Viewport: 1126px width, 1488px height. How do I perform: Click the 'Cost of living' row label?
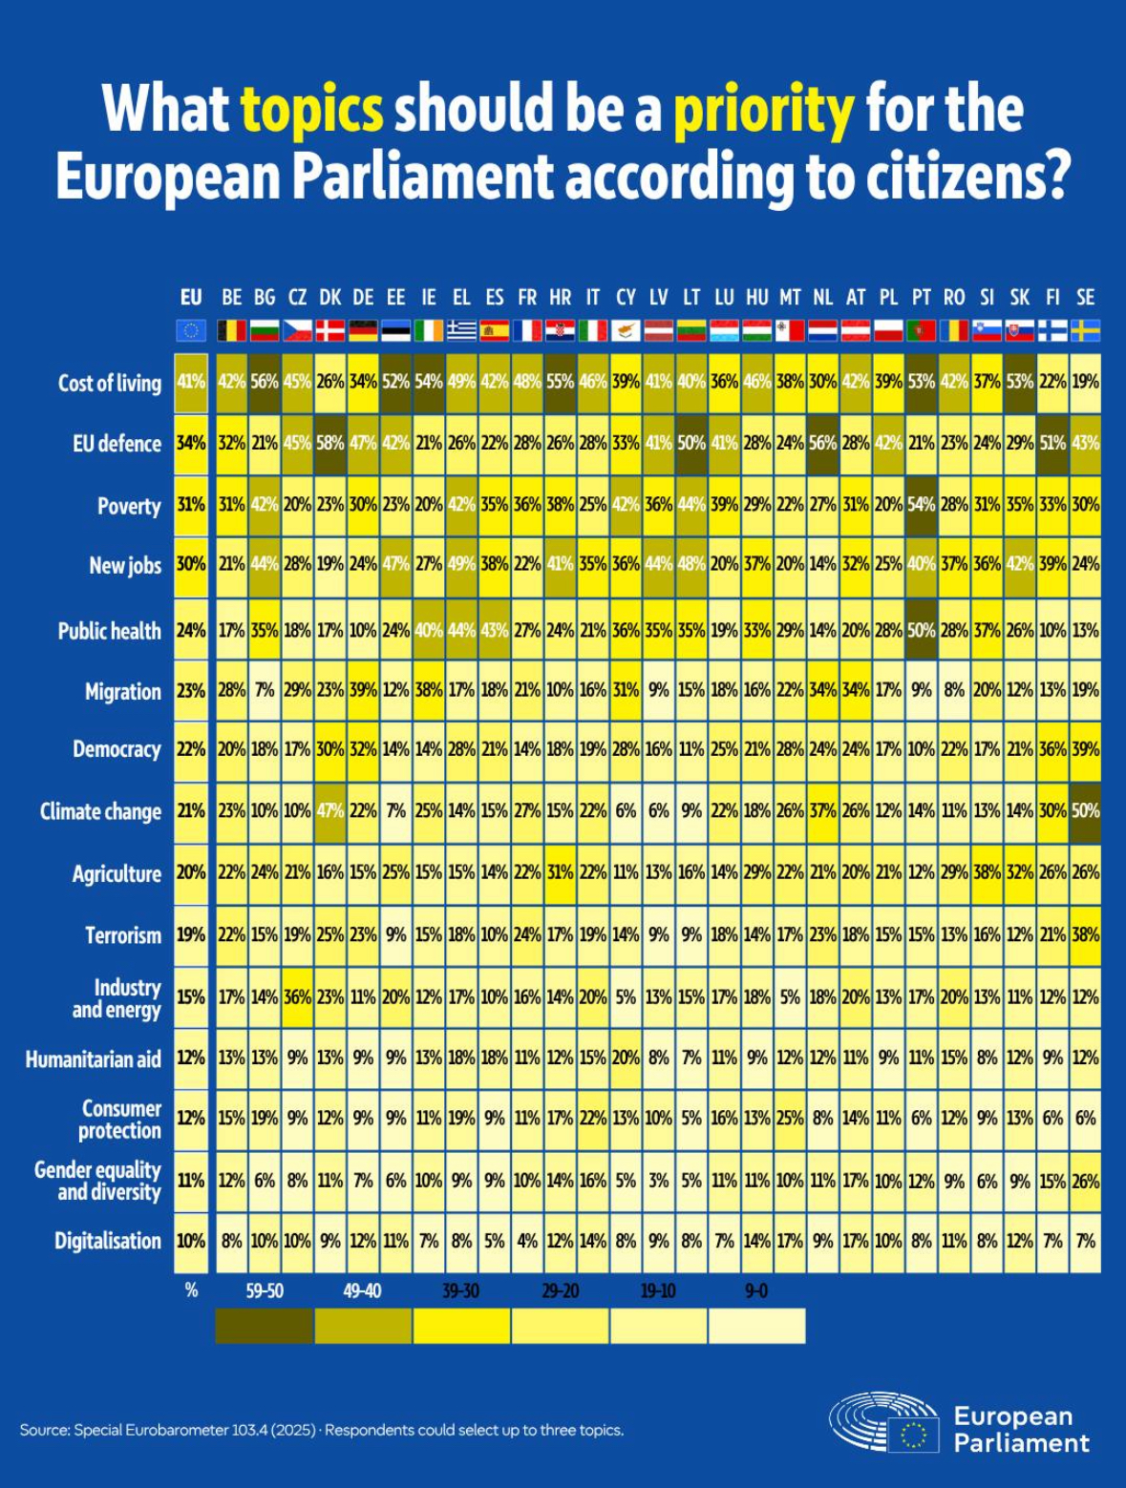pos(109,383)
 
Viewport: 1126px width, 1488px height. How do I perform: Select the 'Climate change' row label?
pos(100,811)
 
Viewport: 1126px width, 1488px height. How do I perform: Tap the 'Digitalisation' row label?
pos(108,1241)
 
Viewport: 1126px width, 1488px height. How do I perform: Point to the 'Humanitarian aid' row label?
pos(94,1058)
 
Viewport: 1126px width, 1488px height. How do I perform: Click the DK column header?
pos(329,298)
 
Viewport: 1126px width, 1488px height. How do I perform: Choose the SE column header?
pos(1085,298)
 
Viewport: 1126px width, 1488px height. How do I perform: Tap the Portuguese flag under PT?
pos(922,331)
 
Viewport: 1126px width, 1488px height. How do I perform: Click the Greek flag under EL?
pos(461,331)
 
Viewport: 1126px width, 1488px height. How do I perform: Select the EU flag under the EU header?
pos(191,331)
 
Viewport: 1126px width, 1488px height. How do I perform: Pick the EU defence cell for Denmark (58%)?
pos(330,443)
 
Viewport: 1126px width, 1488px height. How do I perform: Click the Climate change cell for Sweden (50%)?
pos(1085,810)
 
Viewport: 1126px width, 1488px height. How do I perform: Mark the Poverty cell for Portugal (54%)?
pos(922,504)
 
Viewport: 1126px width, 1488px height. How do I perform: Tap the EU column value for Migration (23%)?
pos(191,690)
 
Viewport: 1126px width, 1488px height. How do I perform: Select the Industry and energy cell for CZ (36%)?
pos(297,995)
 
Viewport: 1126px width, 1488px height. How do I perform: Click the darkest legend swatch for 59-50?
pos(264,1326)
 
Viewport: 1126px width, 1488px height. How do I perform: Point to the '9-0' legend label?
pos(755,1291)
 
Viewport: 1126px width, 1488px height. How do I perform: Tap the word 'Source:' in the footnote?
pos(44,1430)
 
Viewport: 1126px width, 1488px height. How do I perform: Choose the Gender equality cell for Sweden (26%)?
pos(1085,1180)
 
